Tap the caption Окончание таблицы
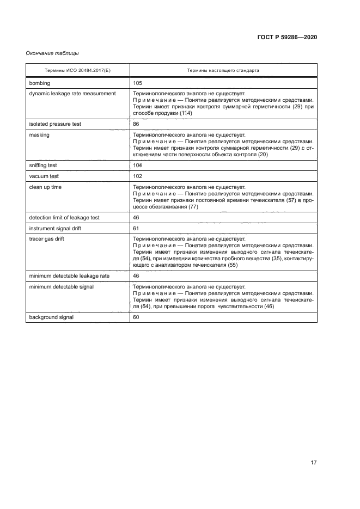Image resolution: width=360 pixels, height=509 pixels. coord(52,53)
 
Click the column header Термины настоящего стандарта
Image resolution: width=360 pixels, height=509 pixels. coord(223,71)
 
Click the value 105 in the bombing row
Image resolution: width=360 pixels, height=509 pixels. coord(138,83)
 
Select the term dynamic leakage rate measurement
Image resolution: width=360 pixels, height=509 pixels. coord(72,94)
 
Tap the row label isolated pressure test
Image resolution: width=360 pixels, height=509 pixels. coord(55,124)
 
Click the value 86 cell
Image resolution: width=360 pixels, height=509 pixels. coord(136,124)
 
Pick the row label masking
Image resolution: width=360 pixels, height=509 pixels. coord(40,134)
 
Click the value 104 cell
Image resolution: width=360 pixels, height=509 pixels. coord(138,165)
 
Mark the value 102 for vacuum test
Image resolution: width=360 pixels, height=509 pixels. coord(138,176)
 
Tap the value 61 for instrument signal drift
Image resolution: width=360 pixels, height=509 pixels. coord(136,228)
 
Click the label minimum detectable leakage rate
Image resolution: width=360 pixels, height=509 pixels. coord(69,276)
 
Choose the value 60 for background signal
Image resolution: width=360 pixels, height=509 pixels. coord(136,317)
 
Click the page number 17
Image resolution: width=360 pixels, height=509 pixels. coord(313,463)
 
